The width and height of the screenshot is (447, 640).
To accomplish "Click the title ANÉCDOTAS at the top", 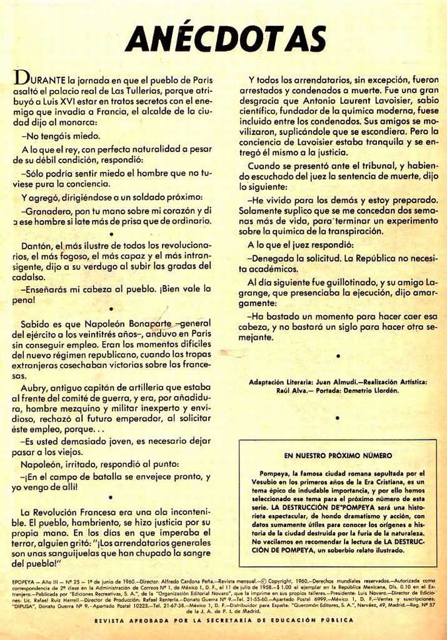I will (225, 39).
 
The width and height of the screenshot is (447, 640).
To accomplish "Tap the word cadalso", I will (28, 277).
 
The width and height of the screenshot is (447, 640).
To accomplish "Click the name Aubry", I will (34, 387).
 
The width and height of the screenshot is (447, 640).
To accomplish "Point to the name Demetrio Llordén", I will (368, 391).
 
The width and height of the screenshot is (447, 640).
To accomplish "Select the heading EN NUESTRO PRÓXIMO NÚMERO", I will (338, 456).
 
